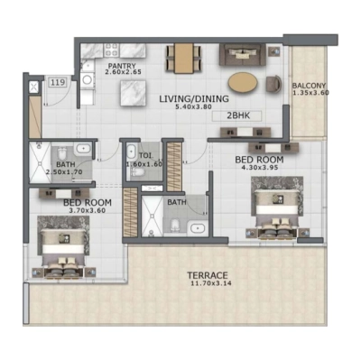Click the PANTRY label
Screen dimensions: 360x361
(x=122, y=66)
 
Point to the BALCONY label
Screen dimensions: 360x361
(x=309, y=87)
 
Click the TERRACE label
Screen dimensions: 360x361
(x=207, y=275)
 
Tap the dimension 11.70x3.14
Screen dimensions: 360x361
(x=207, y=285)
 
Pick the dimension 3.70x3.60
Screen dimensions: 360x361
(x=87, y=212)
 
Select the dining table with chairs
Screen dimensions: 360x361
(x=181, y=59)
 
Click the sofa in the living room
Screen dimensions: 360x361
(x=241, y=57)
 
